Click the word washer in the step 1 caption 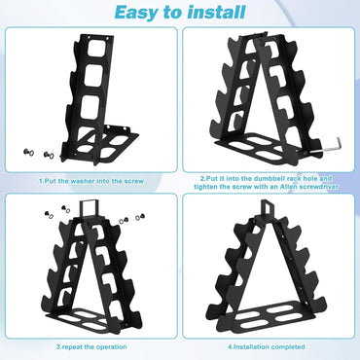pos(82,180)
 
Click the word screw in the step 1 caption pos(132,180)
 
